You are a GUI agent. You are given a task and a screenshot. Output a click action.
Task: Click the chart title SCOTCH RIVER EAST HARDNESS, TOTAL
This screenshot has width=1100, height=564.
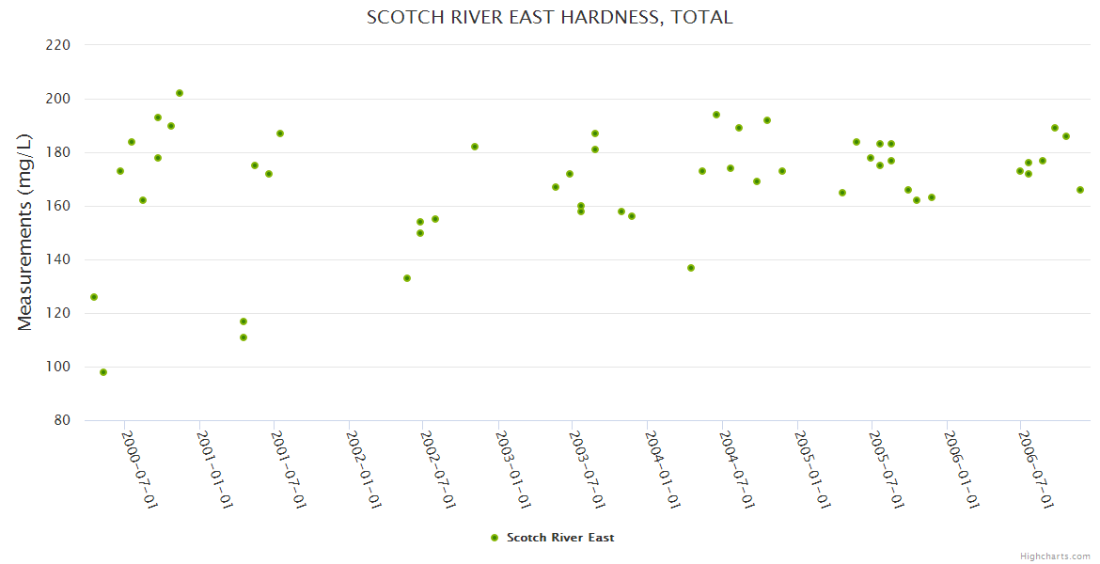(549, 18)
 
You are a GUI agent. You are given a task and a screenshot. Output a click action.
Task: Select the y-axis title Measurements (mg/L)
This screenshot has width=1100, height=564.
(25, 232)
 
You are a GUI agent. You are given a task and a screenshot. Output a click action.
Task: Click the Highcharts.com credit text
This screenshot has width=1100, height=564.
(1055, 556)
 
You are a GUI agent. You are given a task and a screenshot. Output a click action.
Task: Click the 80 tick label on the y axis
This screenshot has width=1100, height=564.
(62, 421)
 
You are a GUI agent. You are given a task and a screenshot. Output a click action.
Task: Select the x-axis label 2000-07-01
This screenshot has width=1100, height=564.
(139, 470)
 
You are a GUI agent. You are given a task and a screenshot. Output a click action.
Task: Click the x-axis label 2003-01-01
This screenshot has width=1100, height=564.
(513, 470)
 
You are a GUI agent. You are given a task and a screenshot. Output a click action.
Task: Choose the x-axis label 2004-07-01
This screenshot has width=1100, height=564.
(736, 470)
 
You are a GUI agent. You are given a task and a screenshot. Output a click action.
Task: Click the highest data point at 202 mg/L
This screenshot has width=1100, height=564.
(180, 93)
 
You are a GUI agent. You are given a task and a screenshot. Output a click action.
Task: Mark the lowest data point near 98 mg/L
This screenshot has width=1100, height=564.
(103, 372)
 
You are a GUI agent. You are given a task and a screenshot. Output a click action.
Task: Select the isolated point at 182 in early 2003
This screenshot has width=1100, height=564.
(475, 147)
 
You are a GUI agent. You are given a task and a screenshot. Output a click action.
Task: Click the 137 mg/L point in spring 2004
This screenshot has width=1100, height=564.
(691, 268)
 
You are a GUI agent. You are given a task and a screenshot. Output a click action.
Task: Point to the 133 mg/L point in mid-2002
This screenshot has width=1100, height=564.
(407, 278)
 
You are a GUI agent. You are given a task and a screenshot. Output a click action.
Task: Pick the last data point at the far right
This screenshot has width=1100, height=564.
(1080, 190)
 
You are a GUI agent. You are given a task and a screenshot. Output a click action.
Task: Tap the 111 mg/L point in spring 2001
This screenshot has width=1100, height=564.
(244, 337)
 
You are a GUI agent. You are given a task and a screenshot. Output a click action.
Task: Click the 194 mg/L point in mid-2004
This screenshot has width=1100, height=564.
(716, 115)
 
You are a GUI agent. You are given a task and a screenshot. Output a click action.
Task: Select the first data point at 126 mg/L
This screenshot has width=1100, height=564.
(94, 297)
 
